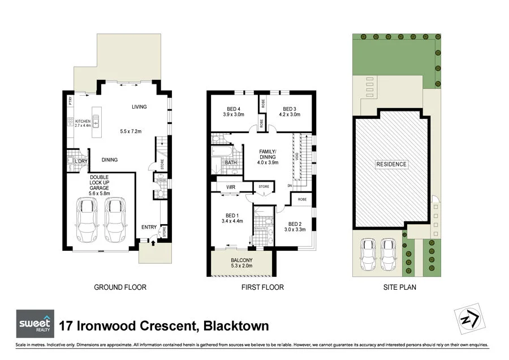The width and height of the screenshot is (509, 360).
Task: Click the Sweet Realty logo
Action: click(x=35, y=324)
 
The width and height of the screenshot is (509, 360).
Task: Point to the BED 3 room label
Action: click(x=290, y=109)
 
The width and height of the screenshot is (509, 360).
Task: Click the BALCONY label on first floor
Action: click(x=241, y=260)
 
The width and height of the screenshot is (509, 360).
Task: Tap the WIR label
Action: click(x=231, y=187)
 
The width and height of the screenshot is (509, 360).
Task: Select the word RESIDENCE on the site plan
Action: click(x=391, y=165)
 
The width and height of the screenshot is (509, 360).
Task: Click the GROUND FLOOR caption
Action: click(x=120, y=288)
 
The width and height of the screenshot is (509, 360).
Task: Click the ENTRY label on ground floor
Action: click(x=149, y=227)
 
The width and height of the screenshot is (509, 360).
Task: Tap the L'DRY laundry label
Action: click(x=81, y=161)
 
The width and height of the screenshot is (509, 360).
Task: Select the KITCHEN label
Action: click(x=83, y=121)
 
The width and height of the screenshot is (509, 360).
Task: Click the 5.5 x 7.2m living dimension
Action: click(x=131, y=131)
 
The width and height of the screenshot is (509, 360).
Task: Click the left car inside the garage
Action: click(x=87, y=219)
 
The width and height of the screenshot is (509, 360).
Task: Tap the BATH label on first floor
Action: click(x=230, y=163)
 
